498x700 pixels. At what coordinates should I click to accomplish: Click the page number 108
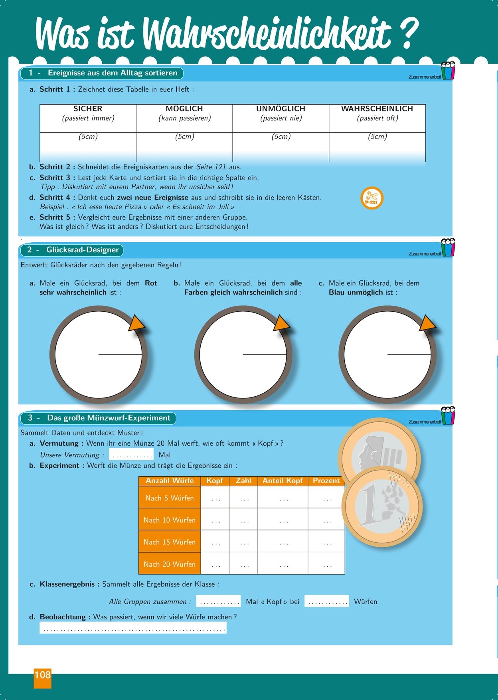click(x=43, y=675)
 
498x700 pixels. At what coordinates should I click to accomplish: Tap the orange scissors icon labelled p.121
click(x=372, y=198)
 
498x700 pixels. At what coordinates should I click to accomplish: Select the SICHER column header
click(x=88, y=109)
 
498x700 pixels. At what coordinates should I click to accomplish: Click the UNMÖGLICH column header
click(x=281, y=109)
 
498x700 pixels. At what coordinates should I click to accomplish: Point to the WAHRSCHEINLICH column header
click(x=377, y=109)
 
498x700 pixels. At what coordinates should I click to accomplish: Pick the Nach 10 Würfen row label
click(x=170, y=520)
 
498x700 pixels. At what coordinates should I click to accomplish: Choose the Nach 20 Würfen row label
click(x=170, y=564)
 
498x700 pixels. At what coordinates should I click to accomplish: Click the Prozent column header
click(x=326, y=481)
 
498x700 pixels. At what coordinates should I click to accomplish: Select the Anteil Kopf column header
click(x=283, y=481)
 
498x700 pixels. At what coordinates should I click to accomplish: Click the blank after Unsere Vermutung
click(x=131, y=455)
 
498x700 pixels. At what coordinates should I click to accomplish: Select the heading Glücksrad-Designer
click(x=82, y=250)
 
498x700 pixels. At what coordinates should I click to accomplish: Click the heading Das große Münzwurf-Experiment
click(x=109, y=418)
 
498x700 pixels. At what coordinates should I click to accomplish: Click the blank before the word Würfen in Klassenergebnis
click(x=326, y=601)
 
